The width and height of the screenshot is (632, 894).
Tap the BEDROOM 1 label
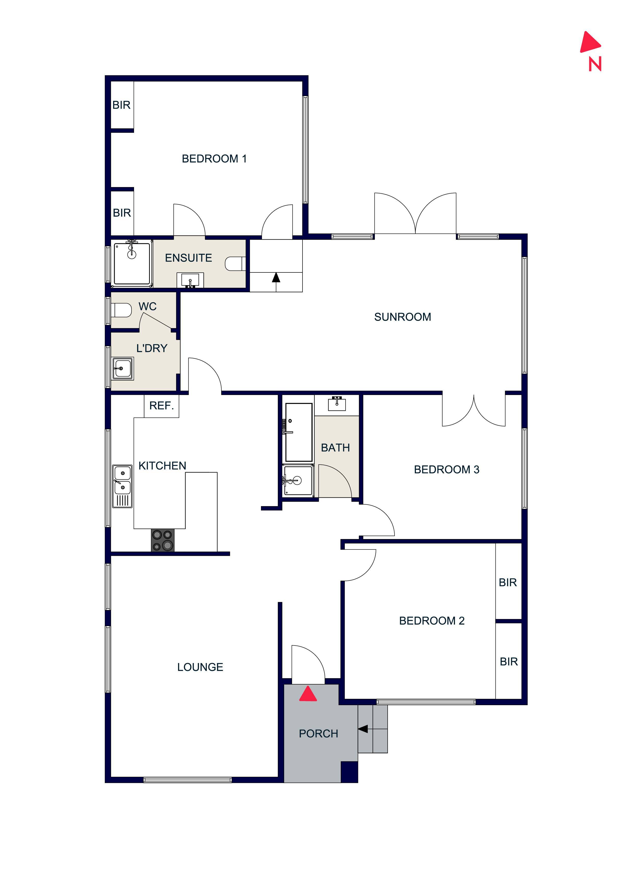pyautogui.click(x=214, y=159)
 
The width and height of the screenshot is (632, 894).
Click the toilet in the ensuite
pyautogui.click(x=235, y=264)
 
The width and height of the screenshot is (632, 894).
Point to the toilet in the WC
pyautogui.click(x=122, y=310)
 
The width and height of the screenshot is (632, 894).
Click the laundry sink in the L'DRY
pyautogui.click(x=123, y=368)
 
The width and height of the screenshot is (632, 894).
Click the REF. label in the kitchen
pyautogui.click(x=161, y=406)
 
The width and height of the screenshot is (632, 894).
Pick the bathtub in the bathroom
pyautogui.click(x=299, y=432)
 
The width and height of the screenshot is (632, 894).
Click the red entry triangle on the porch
pyautogui.click(x=308, y=694)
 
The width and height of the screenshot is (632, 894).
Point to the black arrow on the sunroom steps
pyautogui.click(x=276, y=277)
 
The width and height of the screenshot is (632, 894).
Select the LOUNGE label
pyautogui.click(x=200, y=667)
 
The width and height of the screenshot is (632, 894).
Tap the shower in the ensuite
pyautogui.click(x=132, y=263)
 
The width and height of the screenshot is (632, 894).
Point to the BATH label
pyautogui.click(x=335, y=448)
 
